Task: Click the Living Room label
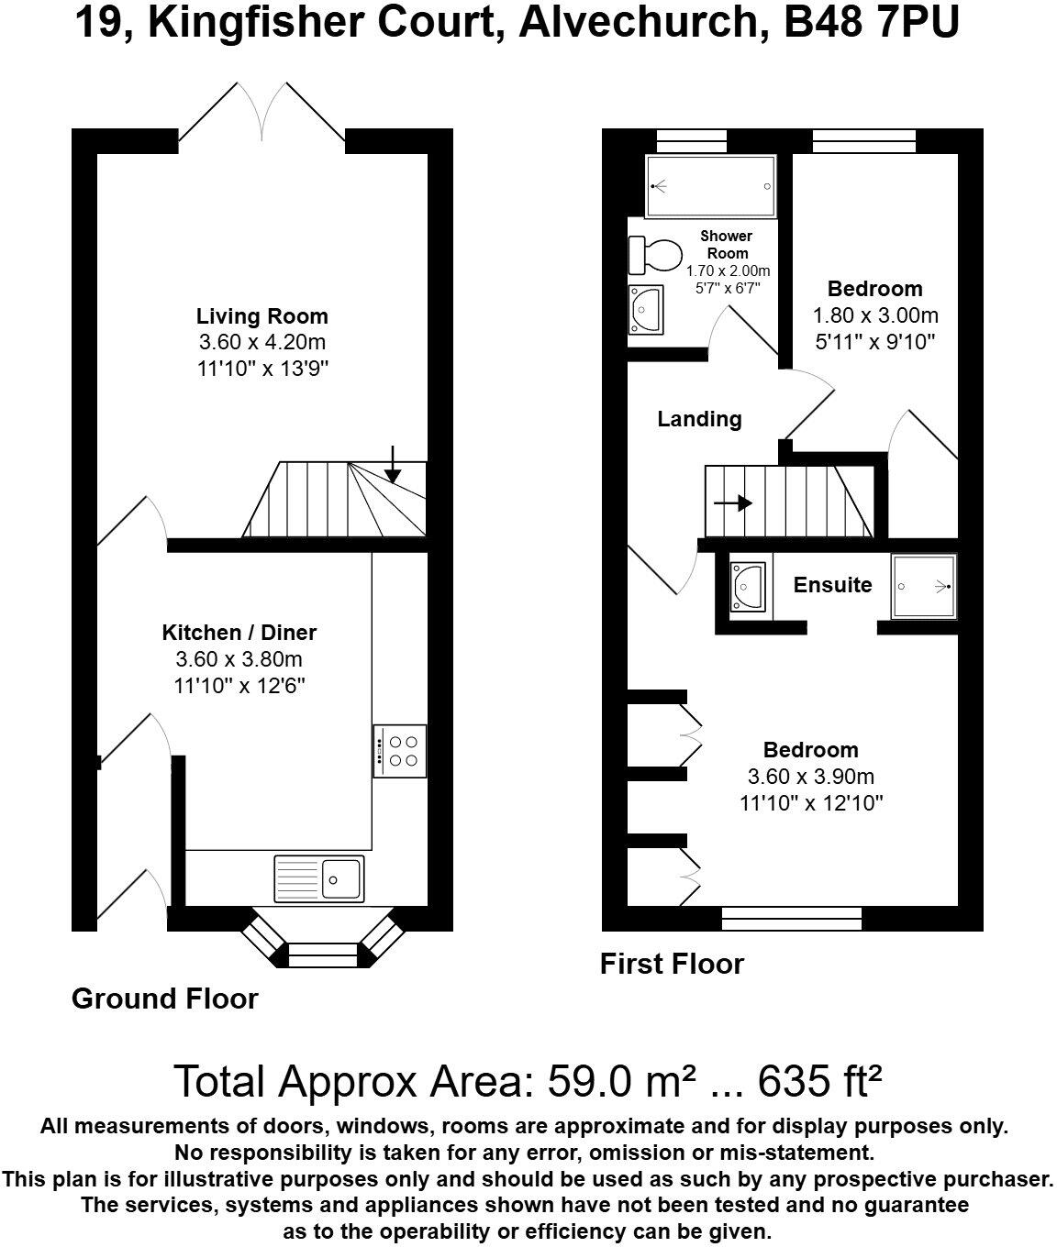click(x=261, y=317)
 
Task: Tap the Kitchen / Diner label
click(x=239, y=633)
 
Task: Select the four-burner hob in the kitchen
click(x=400, y=751)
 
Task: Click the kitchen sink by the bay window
click(x=318, y=878)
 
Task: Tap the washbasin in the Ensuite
click(x=749, y=587)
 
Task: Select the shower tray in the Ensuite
click(x=924, y=586)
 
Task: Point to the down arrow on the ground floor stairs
click(x=393, y=464)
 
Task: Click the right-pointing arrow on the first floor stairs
click(x=733, y=503)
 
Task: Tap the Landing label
click(x=699, y=420)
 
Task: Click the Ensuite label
click(x=832, y=585)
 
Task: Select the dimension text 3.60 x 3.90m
click(x=810, y=777)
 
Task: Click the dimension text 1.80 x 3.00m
click(x=875, y=316)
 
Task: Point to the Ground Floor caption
click(x=165, y=999)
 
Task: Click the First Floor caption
click(x=672, y=964)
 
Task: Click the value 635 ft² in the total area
click(x=820, y=1082)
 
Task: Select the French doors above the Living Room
click(x=262, y=115)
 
